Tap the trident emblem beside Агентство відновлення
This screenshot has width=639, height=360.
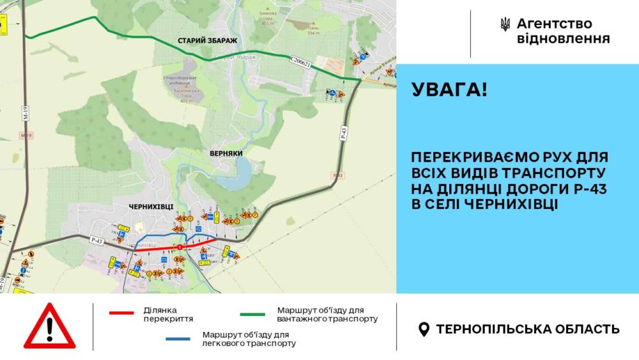(x=505, y=25)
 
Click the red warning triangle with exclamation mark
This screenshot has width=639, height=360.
(x=49, y=326)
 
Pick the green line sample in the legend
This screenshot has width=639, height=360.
(x=252, y=314)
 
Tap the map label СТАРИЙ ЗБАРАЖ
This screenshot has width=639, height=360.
(x=208, y=40)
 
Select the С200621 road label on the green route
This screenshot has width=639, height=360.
(x=299, y=61)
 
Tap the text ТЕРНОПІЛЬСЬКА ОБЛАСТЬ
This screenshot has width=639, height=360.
(x=527, y=329)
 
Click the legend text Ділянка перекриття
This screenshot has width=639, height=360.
(x=169, y=314)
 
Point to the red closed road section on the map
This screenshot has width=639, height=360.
(x=173, y=247)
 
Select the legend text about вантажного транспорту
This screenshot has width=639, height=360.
(x=327, y=314)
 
